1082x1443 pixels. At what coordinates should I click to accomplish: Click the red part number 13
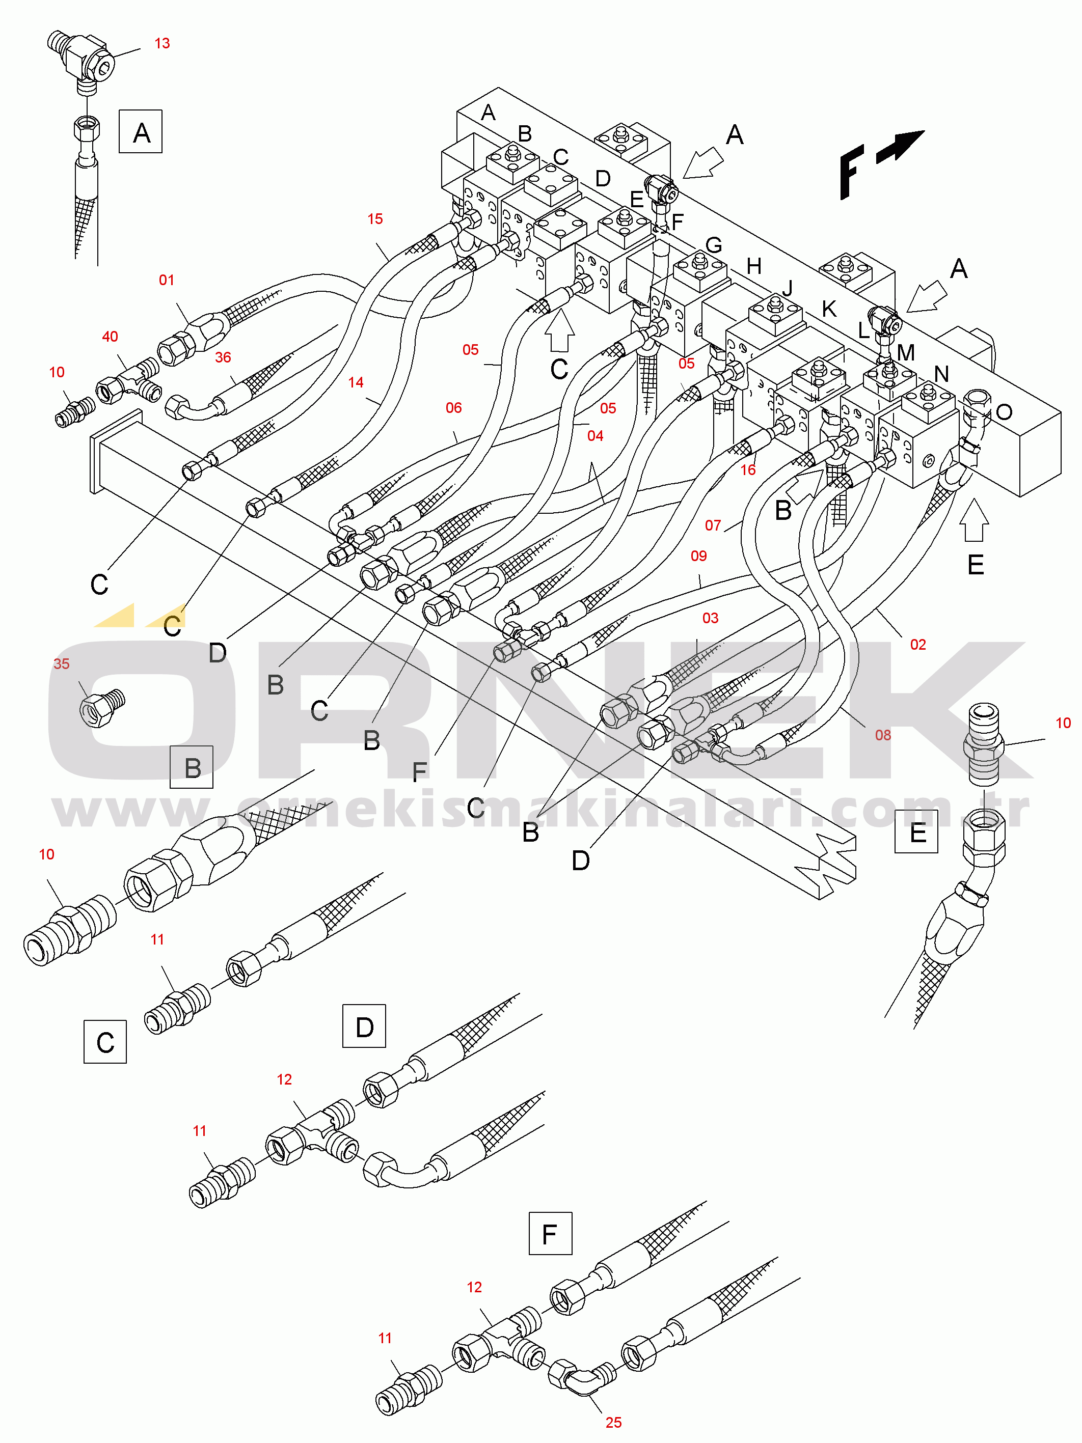(162, 44)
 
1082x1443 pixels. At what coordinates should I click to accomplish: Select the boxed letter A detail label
(140, 132)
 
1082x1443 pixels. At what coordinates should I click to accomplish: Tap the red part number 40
(110, 337)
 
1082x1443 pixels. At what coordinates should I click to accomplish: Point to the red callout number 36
(223, 357)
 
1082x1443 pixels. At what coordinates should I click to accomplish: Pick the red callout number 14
(356, 383)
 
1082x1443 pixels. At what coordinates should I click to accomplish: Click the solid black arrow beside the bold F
(900, 146)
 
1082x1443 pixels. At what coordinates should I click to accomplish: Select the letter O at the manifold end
(1004, 411)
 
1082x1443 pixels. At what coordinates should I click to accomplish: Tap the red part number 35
(61, 664)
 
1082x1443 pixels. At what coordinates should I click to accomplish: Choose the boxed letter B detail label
(191, 767)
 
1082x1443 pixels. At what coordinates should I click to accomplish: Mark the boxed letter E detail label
(916, 832)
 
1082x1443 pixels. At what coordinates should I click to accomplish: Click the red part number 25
(613, 1423)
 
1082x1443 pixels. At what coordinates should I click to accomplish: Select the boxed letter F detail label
(550, 1234)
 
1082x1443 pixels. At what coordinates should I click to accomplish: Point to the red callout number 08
(883, 736)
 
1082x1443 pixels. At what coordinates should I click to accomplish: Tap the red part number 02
(918, 645)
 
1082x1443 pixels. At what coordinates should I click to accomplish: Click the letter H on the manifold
(754, 266)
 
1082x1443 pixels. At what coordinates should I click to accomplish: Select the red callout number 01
(167, 281)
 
